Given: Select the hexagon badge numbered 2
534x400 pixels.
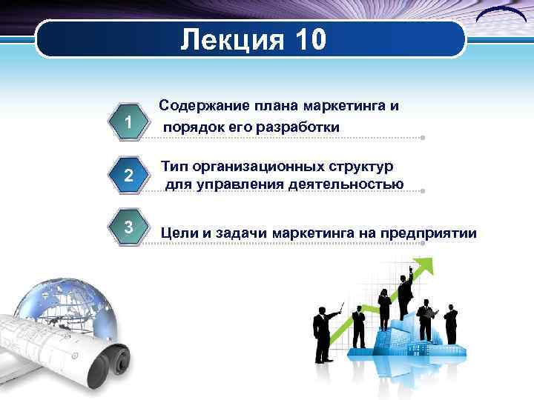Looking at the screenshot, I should coord(129,176).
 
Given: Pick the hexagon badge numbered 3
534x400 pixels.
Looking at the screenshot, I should coord(129,227).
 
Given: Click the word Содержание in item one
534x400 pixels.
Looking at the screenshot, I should coord(204,106).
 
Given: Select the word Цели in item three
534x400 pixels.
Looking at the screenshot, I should coord(177,235).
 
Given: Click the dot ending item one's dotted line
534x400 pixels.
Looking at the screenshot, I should coord(422,138).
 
